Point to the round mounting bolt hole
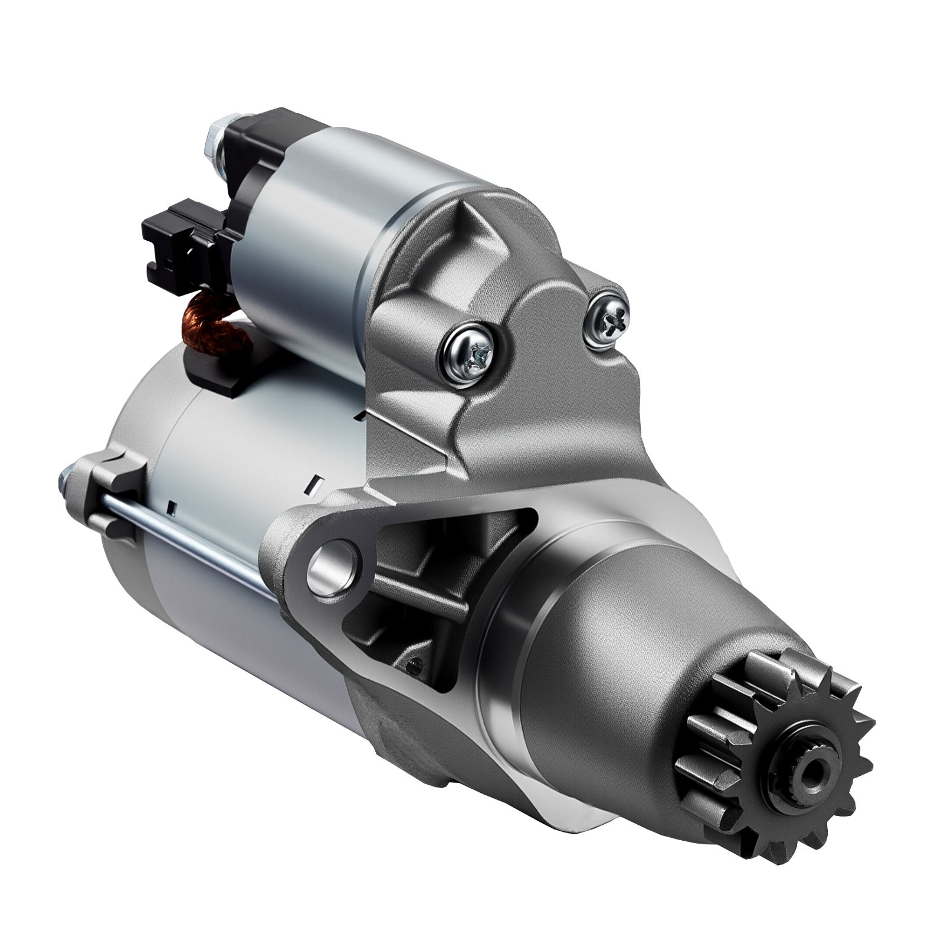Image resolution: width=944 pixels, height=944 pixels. [x=333, y=568]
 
